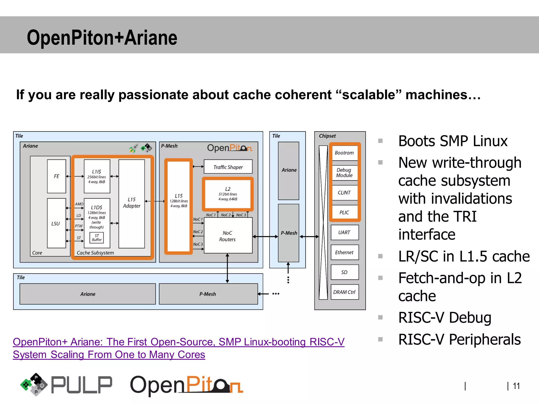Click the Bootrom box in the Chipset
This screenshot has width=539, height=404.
344,153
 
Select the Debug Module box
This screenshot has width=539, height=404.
344,173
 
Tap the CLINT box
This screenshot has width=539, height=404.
344,193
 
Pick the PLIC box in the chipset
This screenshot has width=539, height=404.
344,212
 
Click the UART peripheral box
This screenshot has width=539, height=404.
344,232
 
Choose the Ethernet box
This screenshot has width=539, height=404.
344,252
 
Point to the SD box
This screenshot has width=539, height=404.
344,272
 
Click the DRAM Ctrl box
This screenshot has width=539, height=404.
344,292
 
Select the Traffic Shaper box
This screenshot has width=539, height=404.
228,167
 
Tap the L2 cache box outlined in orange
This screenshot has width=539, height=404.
228,194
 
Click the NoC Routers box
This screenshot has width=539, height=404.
228,236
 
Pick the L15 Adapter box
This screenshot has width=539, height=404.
132,203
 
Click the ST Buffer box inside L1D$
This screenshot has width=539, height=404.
97,238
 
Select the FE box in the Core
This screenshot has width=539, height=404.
56,176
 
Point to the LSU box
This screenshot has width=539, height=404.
56,223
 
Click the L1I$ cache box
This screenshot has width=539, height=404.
97,176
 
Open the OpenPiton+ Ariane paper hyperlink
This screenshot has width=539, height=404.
178,342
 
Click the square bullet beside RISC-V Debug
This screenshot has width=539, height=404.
380,317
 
